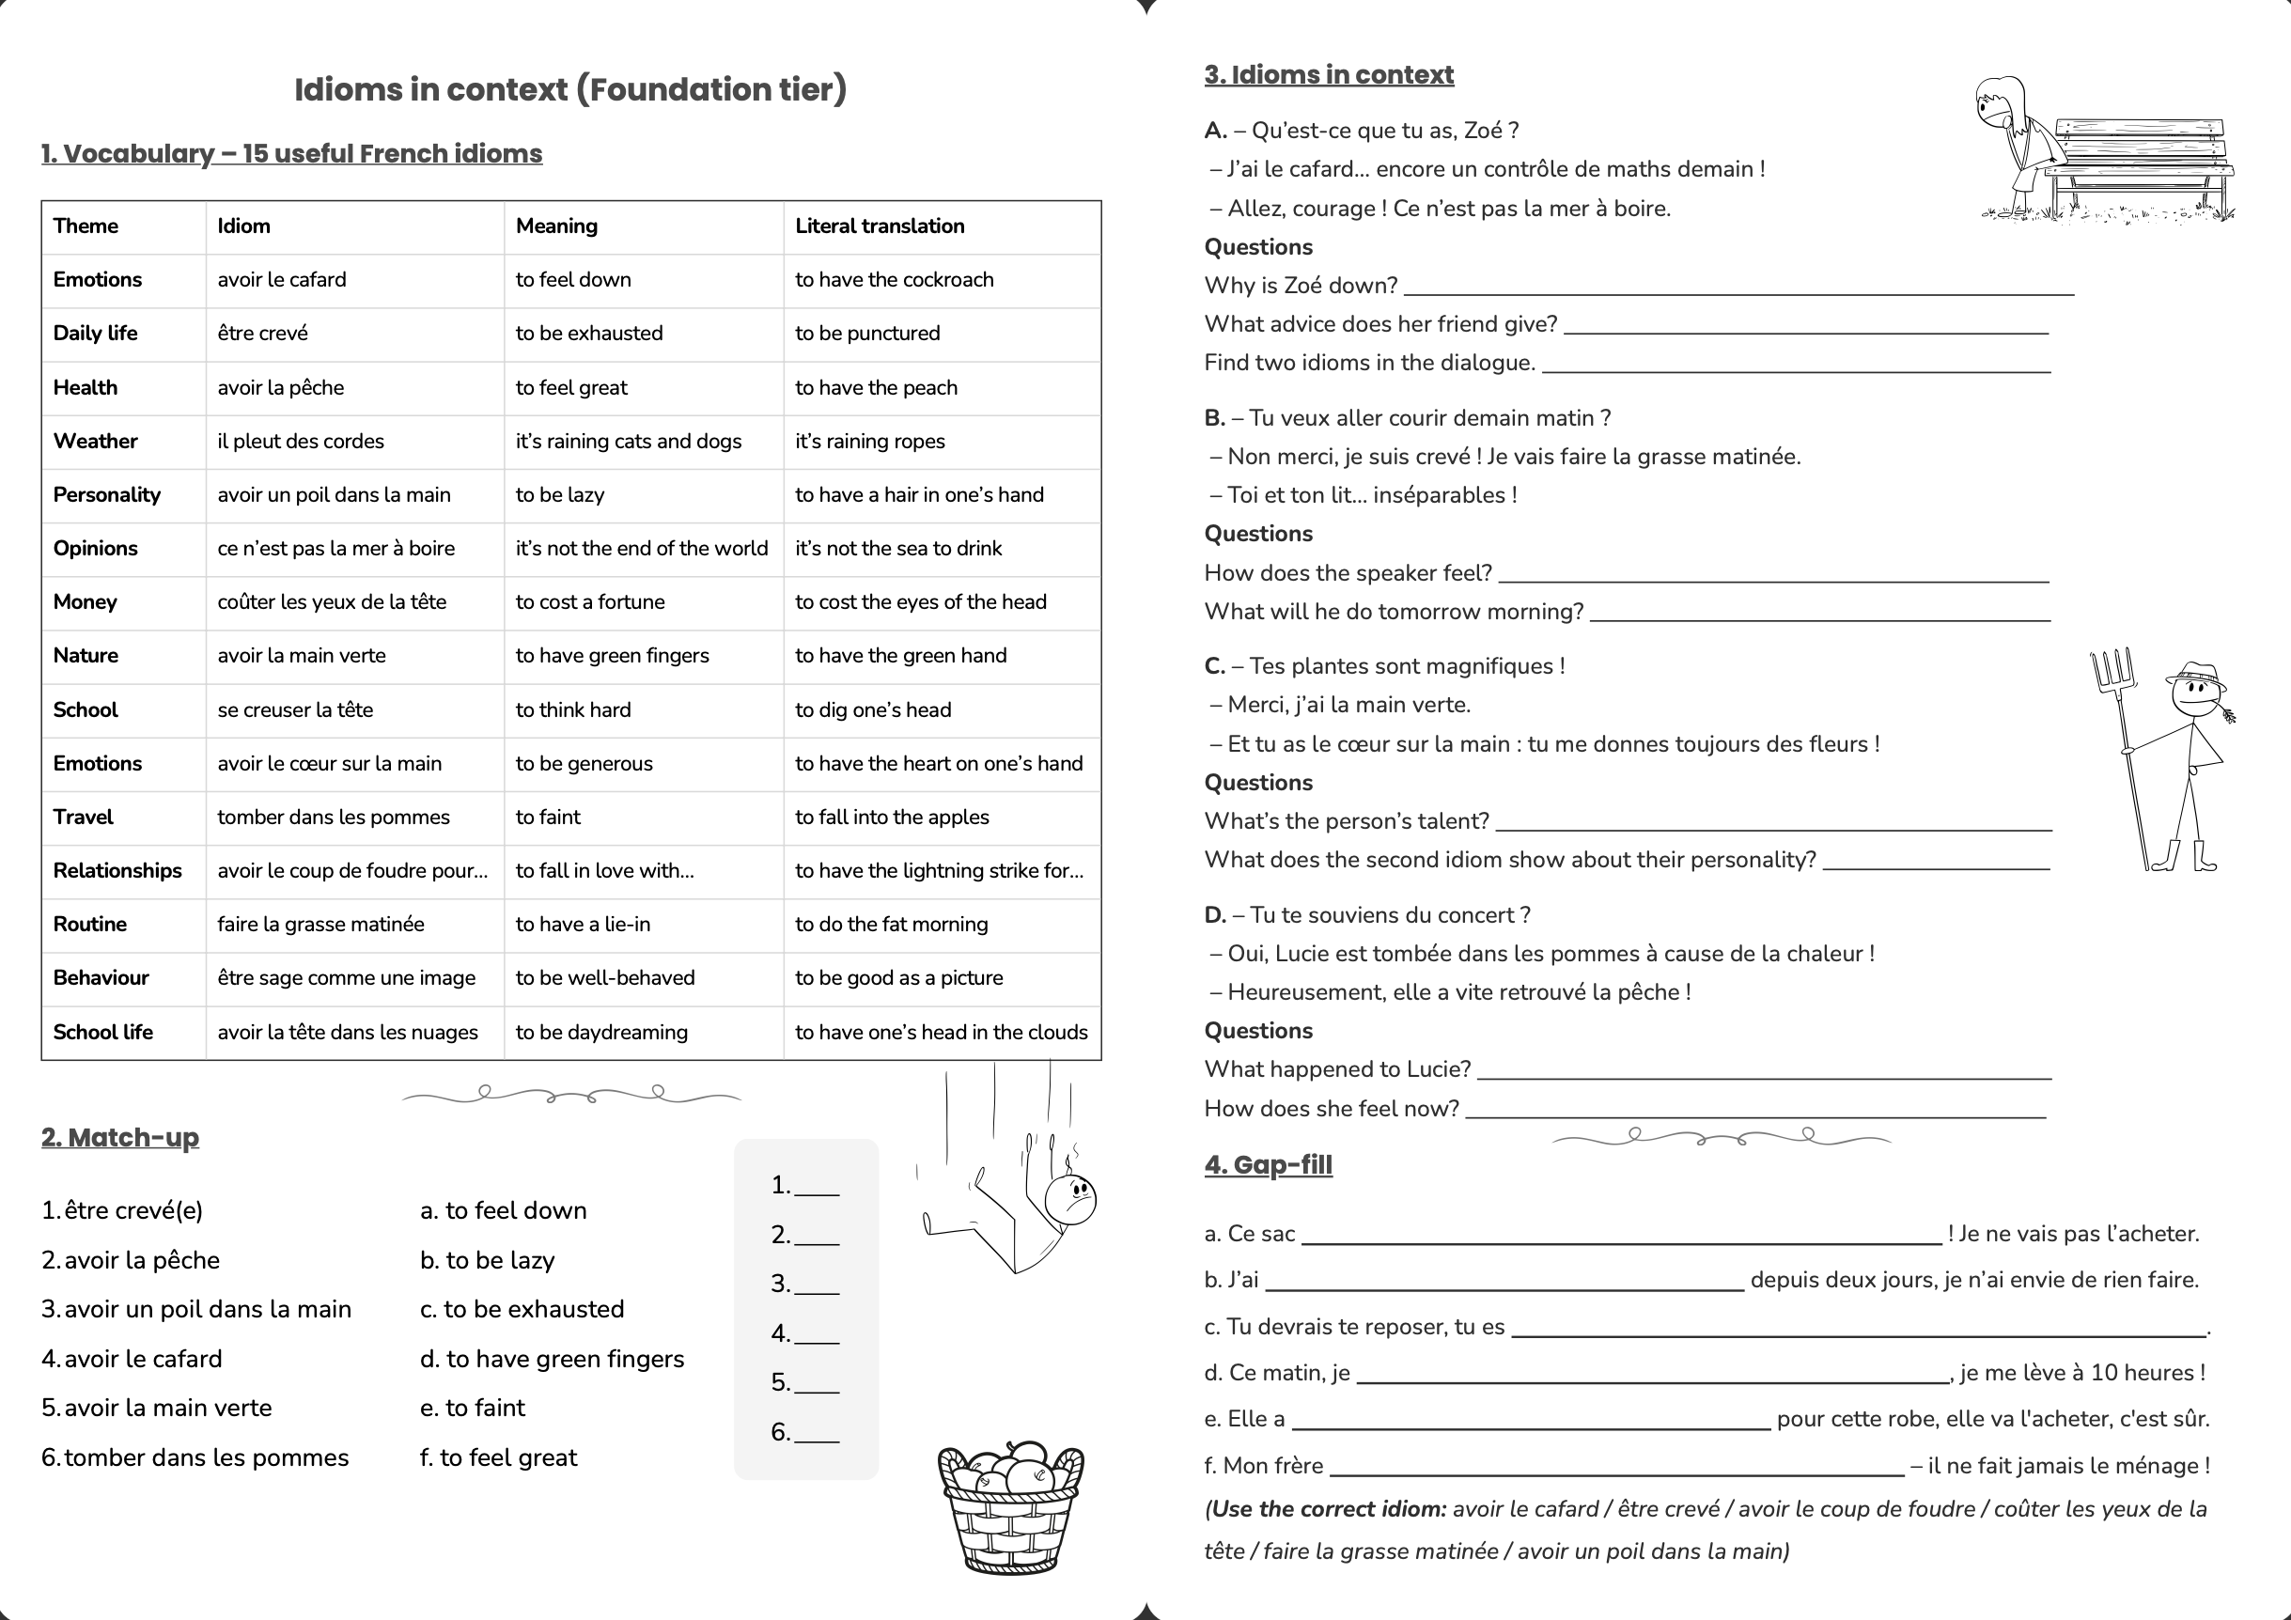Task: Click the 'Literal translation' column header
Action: click(879, 226)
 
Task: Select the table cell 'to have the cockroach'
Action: click(894, 280)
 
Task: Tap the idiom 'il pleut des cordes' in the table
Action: click(301, 441)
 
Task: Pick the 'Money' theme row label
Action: click(85, 601)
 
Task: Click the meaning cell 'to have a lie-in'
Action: click(583, 925)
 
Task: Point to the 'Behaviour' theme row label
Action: click(101, 977)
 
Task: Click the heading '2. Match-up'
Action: click(119, 1137)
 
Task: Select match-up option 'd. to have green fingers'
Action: click(553, 1359)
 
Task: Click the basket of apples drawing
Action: click(1010, 1506)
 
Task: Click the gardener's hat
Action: click(2195, 675)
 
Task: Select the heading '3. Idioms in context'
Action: click(1328, 75)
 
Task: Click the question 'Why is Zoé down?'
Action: click(1301, 287)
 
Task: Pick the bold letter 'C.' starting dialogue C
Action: click(1214, 666)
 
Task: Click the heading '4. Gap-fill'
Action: click(1268, 1165)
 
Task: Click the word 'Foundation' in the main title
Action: click(682, 90)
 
